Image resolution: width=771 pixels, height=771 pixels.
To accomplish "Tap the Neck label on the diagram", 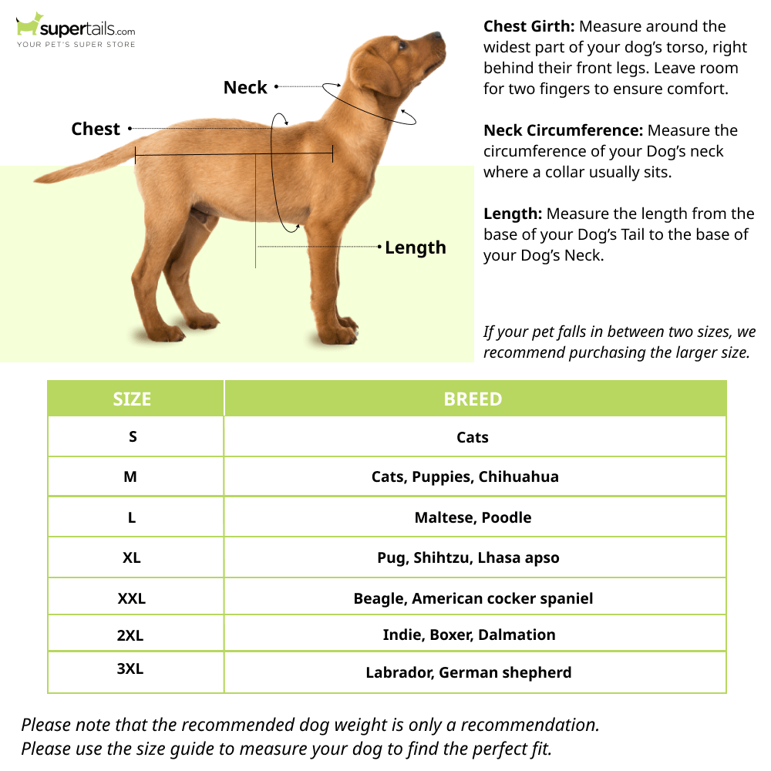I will click(x=245, y=88).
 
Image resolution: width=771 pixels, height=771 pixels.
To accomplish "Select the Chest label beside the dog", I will click(x=96, y=129).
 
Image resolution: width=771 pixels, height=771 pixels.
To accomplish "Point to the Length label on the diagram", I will click(x=416, y=247).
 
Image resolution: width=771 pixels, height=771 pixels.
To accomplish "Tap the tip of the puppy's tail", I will click(x=39, y=180).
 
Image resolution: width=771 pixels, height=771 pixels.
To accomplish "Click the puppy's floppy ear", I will click(x=378, y=73).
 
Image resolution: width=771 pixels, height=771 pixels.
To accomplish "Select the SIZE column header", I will click(x=132, y=399).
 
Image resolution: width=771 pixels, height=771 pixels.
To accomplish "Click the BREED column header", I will click(x=473, y=399).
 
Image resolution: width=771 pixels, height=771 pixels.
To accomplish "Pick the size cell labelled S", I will click(x=133, y=436).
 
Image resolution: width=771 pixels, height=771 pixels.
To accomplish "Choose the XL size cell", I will click(x=132, y=557).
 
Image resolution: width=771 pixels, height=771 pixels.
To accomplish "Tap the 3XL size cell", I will click(x=130, y=668).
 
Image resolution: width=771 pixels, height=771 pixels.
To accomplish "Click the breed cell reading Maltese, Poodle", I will click(x=473, y=517).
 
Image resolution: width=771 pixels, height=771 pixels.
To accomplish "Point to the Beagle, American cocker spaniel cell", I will click(x=473, y=598).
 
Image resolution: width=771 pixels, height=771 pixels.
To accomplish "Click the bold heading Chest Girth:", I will click(x=529, y=27).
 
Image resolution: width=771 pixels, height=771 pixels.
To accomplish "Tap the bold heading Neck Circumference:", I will click(x=563, y=130).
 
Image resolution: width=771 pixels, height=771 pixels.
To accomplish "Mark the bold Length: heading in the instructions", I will click(x=513, y=214).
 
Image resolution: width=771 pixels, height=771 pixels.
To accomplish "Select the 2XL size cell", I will click(x=130, y=635).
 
